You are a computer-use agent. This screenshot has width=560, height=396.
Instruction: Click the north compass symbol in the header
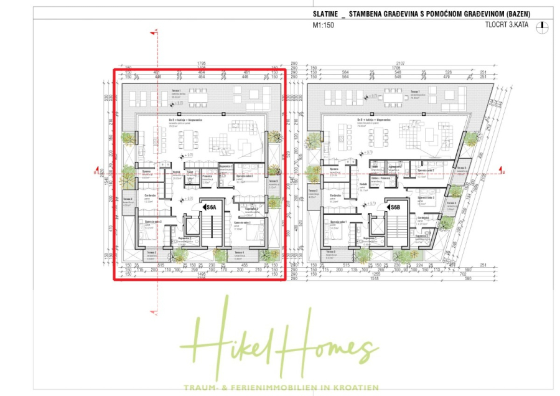pos(544,26)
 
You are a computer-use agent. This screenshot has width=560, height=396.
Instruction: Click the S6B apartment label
pos(394,207)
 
